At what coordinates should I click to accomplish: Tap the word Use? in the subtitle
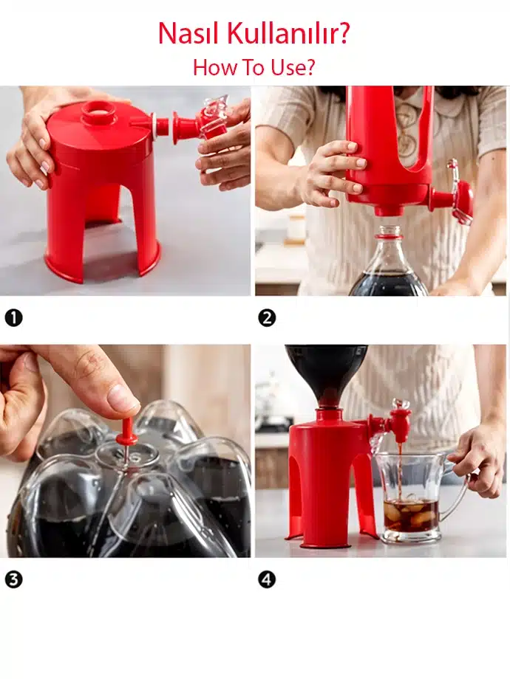[x=293, y=68]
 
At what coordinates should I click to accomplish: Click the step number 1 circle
[x=13, y=318]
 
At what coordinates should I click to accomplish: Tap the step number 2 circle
[x=267, y=318]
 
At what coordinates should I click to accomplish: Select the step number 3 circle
[x=13, y=579]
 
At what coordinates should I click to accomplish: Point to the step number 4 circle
[x=267, y=579]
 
